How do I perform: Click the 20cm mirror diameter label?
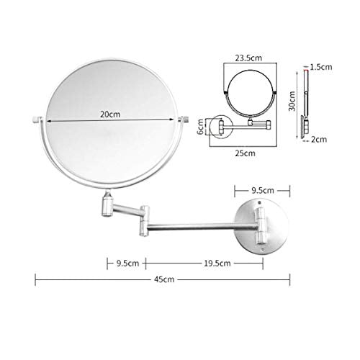click(x=110, y=114)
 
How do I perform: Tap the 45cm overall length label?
click(x=164, y=279)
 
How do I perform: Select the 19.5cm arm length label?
click(x=217, y=264)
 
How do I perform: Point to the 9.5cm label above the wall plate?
click(x=263, y=191)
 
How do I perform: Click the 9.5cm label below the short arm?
click(x=127, y=264)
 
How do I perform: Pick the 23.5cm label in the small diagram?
click(x=248, y=58)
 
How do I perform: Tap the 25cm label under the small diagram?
click(x=245, y=153)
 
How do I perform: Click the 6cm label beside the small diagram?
click(x=200, y=127)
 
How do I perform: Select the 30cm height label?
click(x=292, y=101)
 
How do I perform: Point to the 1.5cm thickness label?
click(x=321, y=67)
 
